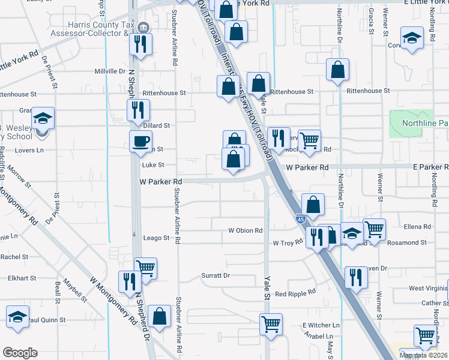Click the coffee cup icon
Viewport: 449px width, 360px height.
pos(140,142)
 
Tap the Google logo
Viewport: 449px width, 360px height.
pos(20,353)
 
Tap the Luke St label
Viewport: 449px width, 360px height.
pos(152,164)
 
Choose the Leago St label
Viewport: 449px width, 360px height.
pos(157,238)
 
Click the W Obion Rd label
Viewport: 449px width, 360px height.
pos(246,230)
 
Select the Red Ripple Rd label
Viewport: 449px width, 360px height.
pos(295,293)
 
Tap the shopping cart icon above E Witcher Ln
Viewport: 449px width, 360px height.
pos(271,324)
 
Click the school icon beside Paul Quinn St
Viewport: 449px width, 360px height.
pos(18,317)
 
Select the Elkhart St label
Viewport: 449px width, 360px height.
pos(23,278)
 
